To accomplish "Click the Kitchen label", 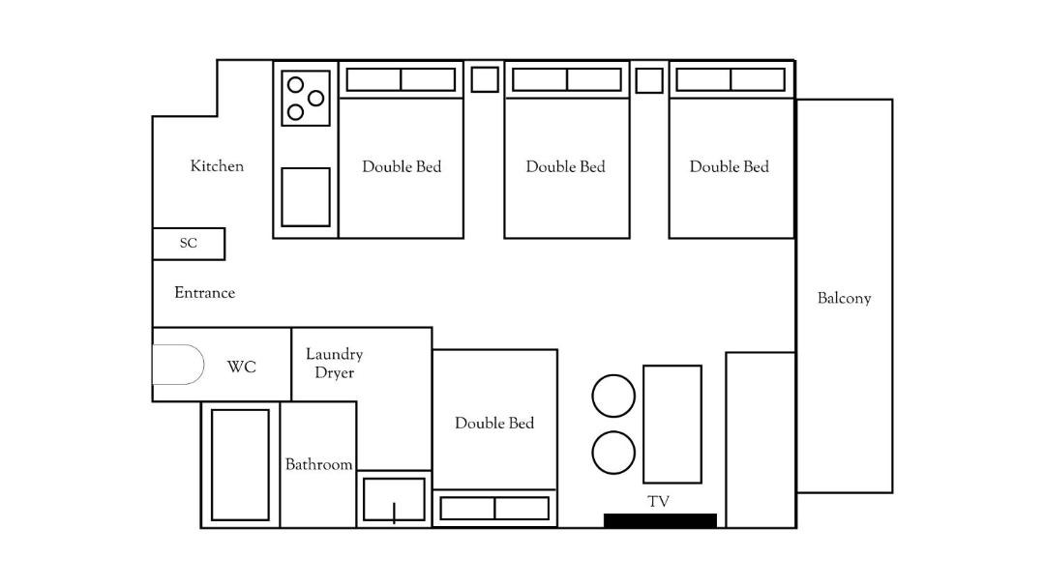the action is pyautogui.click(x=217, y=165).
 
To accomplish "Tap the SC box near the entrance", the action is pyautogui.click(x=189, y=244).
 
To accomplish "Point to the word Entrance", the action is pyautogui.click(x=204, y=292).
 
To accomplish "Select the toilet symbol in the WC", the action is pyautogui.click(x=178, y=365).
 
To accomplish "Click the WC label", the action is pyautogui.click(x=241, y=367).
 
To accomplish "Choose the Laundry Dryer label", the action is pyautogui.click(x=334, y=363).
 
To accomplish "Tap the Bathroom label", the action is pyautogui.click(x=318, y=464).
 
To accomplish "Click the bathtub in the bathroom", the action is pyautogui.click(x=240, y=465).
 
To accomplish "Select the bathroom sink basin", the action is pyautogui.click(x=394, y=499).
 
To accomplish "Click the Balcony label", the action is pyautogui.click(x=845, y=298).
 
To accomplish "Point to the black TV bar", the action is pyautogui.click(x=661, y=520).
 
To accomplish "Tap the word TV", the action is pyautogui.click(x=659, y=501).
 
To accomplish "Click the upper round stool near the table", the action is pyautogui.click(x=613, y=397).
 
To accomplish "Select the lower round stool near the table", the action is pyautogui.click(x=613, y=453).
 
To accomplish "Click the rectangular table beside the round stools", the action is pyautogui.click(x=672, y=425).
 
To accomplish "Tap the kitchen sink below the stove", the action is pyautogui.click(x=305, y=197).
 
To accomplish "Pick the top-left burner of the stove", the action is pyautogui.click(x=295, y=84).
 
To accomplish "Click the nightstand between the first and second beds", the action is pyautogui.click(x=485, y=80).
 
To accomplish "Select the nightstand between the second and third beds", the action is pyautogui.click(x=649, y=80).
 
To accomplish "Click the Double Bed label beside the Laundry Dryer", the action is pyautogui.click(x=494, y=423).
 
